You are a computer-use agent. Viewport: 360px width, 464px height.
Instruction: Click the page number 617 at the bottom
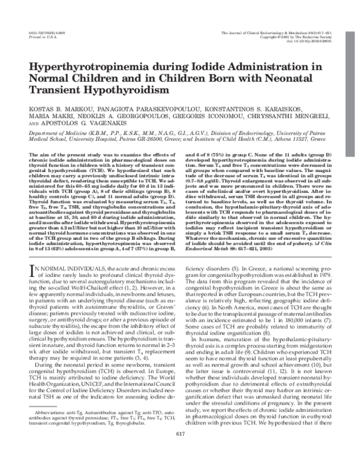(180, 451)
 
